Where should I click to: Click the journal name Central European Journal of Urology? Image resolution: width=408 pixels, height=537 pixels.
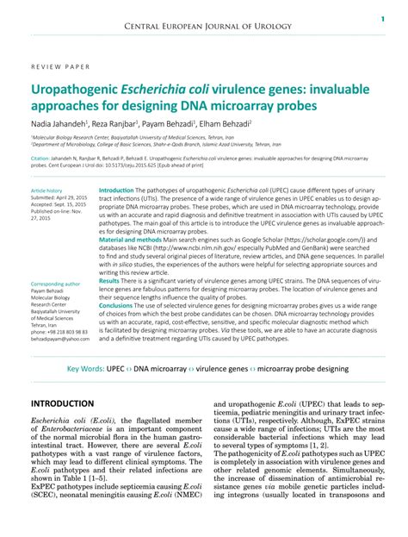click(204, 28)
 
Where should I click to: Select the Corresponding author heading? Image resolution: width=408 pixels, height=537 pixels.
click(55, 284)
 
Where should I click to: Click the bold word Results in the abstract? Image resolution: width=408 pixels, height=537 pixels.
click(108, 281)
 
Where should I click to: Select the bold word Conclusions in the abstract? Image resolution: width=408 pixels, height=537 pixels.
click(116, 305)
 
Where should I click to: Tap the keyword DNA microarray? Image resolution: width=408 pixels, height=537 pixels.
click(160, 369)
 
